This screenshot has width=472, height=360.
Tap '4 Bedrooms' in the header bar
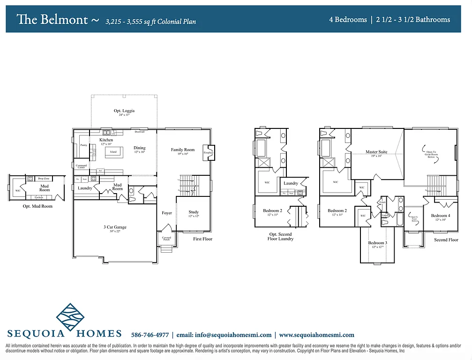348,20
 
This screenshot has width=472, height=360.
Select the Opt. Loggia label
124,111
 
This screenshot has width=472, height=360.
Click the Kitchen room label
106,140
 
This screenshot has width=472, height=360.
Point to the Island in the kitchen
113,152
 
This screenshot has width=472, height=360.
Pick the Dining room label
139,148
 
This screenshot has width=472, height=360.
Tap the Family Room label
182,150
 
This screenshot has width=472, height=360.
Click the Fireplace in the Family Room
208,152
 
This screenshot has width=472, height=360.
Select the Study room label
194,212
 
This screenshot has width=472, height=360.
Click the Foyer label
166,213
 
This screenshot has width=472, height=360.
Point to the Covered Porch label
166,239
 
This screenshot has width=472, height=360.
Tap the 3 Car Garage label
115,227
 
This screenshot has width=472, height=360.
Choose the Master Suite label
376,152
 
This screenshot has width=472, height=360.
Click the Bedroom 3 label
377,243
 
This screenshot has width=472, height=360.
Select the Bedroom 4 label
440,216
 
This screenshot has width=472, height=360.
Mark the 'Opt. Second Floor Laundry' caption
281,236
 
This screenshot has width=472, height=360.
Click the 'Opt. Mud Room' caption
37,206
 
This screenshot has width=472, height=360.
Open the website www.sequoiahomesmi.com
316,335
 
